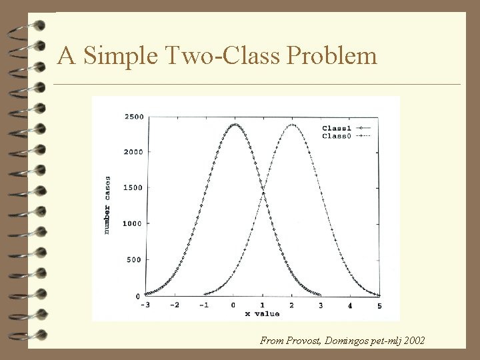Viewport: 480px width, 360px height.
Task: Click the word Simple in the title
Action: (x=117, y=55)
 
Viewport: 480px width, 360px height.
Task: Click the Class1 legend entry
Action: (x=337, y=128)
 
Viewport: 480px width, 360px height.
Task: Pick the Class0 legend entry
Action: (x=337, y=136)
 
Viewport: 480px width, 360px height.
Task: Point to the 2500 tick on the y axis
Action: (x=133, y=117)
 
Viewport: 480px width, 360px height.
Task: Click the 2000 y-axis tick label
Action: (x=133, y=152)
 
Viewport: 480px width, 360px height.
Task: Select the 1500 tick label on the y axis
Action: (x=133, y=188)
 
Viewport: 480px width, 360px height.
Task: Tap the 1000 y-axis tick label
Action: (x=133, y=224)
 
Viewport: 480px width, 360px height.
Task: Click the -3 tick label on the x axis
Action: (x=146, y=305)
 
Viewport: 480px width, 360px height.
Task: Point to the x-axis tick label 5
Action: (x=379, y=305)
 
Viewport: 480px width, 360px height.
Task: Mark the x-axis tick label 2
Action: (x=292, y=305)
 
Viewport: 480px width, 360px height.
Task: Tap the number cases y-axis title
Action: (x=107, y=205)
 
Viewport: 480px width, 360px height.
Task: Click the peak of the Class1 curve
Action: (x=234, y=124)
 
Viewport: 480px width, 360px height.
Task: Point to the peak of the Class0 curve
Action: (x=292, y=124)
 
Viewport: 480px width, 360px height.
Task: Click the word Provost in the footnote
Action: (x=303, y=341)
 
